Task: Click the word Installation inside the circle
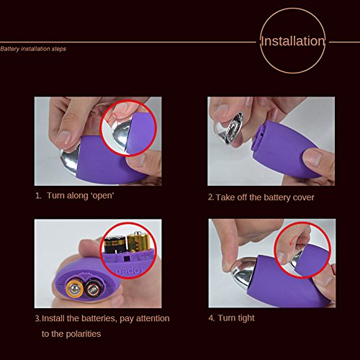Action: pyautogui.click(x=293, y=41)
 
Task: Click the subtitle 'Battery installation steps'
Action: pyautogui.click(x=33, y=49)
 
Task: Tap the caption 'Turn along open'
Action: pyautogui.click(x=75, y=196)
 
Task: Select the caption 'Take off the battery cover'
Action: pyautogui.click(x=261, y=197)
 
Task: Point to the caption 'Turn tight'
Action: pyautogui.click(x=231, y=318)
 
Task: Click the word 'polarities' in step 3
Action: pyautogui.click(x=83, y=334)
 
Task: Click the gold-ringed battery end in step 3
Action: pyautogui.click(x=75, y=288)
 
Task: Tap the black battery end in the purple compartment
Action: pyautogui.click(x=92, y=289)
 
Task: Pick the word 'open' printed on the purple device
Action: pyautogui.click(x=128, y=271)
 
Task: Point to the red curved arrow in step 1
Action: pyautogui.click(x=113, y=118)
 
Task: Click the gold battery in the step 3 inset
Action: pyautogui.click(x=138, y=242)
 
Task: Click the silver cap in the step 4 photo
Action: pyautogui.click(x=243, y=272)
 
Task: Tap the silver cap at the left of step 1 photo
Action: pyautogui.click(x=69, y=160)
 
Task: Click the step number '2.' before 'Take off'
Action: pyautogui.click(x=211, y=197)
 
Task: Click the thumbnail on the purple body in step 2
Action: pyautogui.click(x=312, y=158)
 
